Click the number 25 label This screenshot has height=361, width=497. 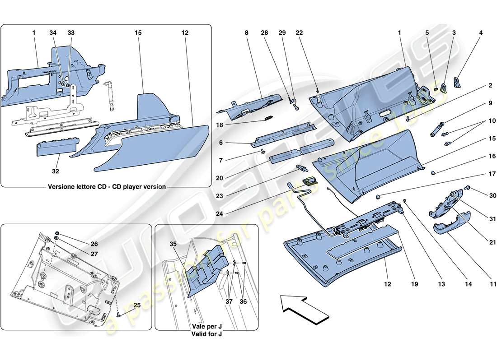(137, 305)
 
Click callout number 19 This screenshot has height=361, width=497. (415, 284)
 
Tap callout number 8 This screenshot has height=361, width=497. (247, 33)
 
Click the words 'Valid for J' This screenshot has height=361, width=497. (206, 334)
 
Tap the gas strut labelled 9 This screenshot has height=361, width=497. (440, 130)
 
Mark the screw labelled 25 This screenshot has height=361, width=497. (119, 315)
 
